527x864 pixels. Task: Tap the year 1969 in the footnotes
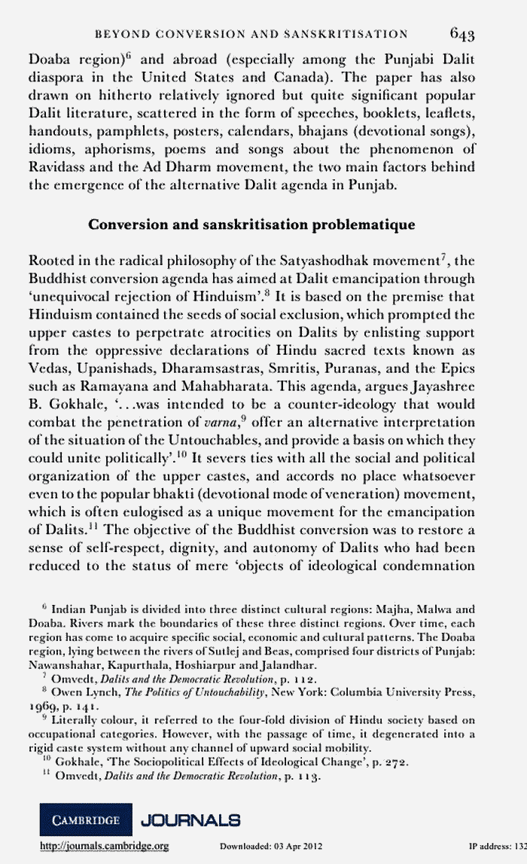point(42,707)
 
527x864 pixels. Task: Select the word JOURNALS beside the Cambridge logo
point(190,819)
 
